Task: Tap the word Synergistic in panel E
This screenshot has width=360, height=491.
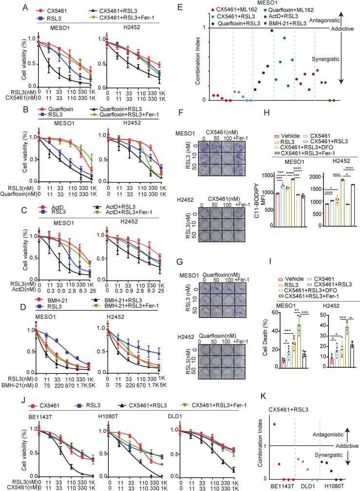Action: point(326,59)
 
